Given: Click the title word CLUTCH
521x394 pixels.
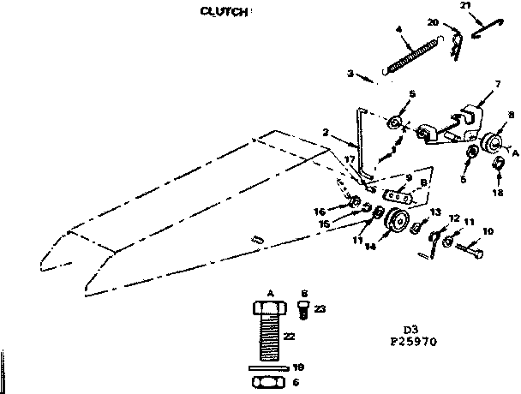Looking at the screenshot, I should pos(222,11).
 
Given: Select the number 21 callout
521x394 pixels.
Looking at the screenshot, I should pos(465,6).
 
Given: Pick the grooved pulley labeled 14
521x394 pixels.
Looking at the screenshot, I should pos(397,223).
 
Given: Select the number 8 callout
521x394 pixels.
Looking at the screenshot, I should pos(510,114).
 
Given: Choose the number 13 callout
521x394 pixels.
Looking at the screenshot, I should pos(434,211).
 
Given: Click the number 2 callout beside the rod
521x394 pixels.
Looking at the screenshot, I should pos(326,133).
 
